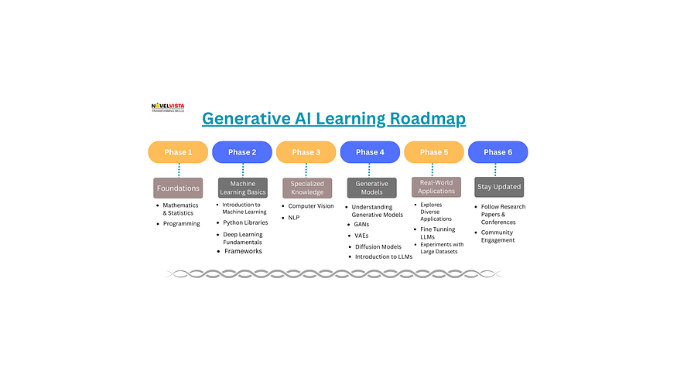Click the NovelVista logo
pos(167,107)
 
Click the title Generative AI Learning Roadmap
pos(333,119)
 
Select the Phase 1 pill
pos(178,152)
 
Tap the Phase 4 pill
pos(370,152)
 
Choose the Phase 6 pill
pos(497,152)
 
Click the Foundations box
pos(178,188)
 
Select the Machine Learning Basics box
pos(242,188)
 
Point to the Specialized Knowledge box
pos(306,188)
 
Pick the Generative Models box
pos(371,188)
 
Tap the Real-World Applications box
pos(436,187)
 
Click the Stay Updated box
pos(498,187)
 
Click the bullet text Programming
pos(181,224)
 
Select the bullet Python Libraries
pos(245,222)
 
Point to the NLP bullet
pos(294,218)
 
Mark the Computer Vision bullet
pos(312,206)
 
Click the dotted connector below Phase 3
pos(306,170)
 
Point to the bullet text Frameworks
pos(242,251)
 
